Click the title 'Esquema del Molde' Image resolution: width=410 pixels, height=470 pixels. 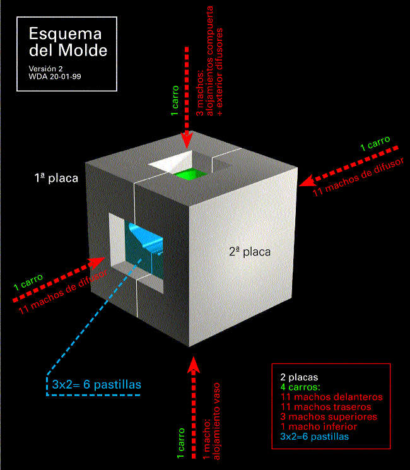tap(68, 42)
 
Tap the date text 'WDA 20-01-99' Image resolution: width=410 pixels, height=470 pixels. tap(55, 77)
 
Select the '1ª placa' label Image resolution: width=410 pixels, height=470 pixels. tap(56, 178)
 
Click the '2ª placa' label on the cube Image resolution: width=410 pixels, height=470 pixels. tap(250, 252)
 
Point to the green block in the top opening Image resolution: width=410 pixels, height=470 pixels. tap(188, 174)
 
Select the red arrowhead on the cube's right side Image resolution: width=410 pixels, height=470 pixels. tap(307, 181)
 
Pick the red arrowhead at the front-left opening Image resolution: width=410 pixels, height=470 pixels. tap(97, 263)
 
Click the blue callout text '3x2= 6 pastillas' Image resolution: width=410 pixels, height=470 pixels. tap(97, 385)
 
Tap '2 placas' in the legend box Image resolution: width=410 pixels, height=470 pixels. tap(299, 377)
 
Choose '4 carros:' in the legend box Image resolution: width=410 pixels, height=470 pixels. tap(300, 387)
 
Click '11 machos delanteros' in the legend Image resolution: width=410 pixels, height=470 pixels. tap(332, 397)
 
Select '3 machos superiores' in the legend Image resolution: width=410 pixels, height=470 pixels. tap(329, 416)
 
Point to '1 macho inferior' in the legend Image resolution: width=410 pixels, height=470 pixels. tap(319, 426)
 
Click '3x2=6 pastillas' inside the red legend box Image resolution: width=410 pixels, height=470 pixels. tap(315, 437)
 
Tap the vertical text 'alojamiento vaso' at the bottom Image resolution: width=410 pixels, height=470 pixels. tap(216, 421)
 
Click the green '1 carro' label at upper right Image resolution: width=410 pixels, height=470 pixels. tap(375, 143)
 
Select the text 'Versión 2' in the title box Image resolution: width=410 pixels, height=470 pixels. tap(45, 69)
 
